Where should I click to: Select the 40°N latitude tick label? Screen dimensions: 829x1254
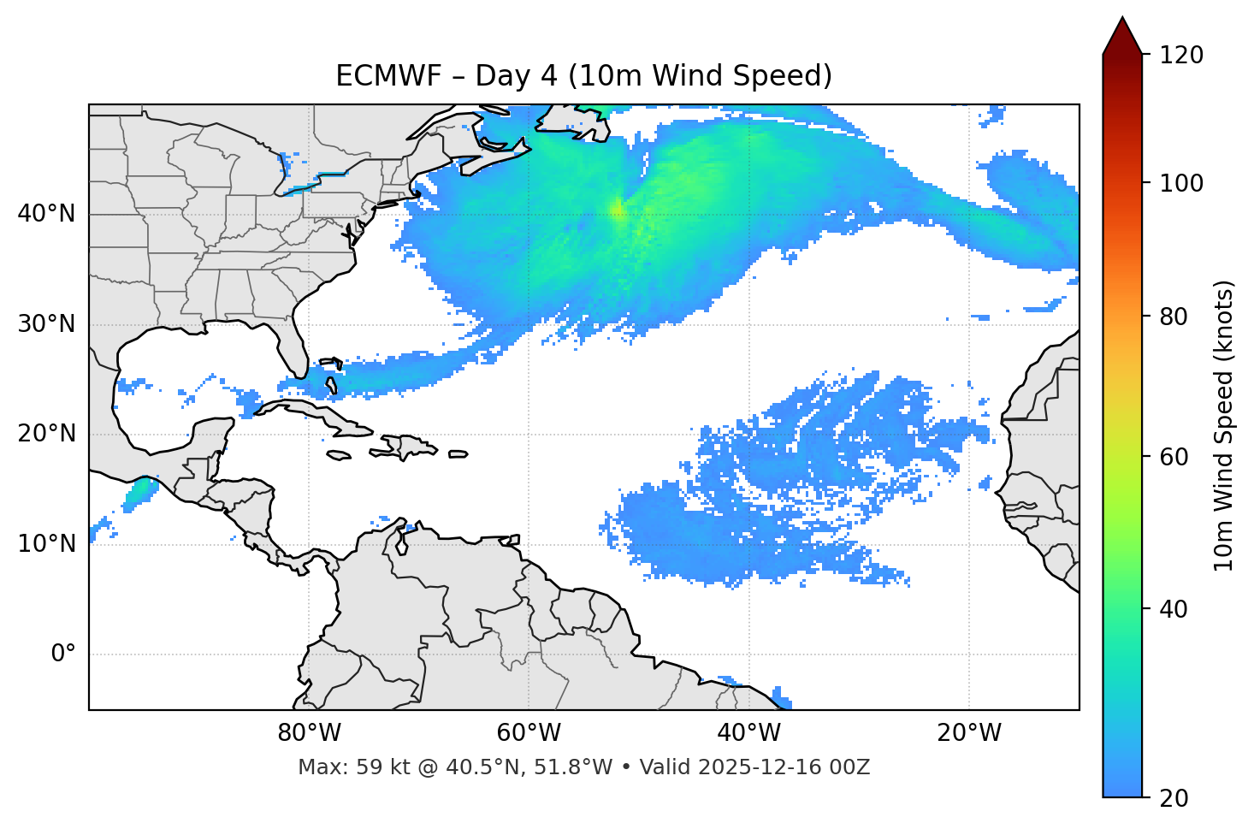pyautogui.click(x=46, y=213)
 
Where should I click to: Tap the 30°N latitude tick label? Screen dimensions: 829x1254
pyautogui.click(x=46, y=324)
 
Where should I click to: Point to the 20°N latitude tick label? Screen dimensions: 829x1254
pyautogui.click(x=46, y=434)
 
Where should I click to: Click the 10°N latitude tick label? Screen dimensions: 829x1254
pyautogui.click(x=46, y=544)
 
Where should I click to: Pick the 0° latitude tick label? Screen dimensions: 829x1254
pyautogui.click(x=63, y=654)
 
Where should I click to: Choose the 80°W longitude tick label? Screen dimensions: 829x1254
pyautogui.click(x=309, y=733)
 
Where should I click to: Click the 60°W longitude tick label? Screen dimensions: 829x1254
pyautogui.click(x=529, y=733)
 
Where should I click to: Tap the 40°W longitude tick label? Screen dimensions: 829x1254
pyautogui.click(x=748, y=733)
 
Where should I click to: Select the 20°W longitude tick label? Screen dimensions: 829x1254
pyautogui.click(x=968, y=733)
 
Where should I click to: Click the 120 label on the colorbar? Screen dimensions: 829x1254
pyautogui.click(x=1181, y=56)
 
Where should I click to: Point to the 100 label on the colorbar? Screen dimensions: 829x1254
pyautogui.click(x=1181, y=183)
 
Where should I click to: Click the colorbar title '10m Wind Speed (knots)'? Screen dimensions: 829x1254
pyautogui.click(x=1224, y=425)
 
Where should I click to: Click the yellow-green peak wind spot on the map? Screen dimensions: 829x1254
pyautogui.click(x=617, y=209)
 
